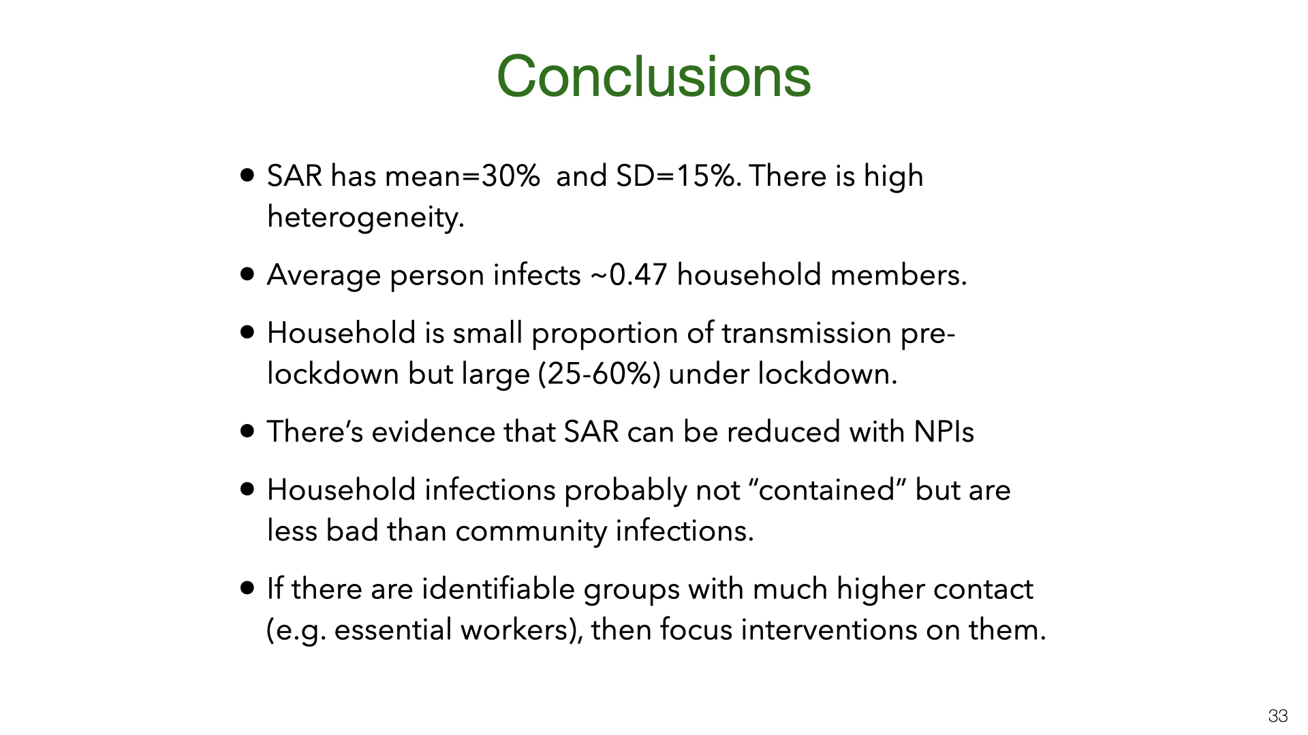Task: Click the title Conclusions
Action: pyautogui.click(x=653, y=76)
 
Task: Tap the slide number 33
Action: pyautogui.click(x=1278, y=716)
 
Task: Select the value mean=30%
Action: pyautogui.click(x=463, y=176)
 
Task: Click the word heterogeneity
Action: pyautogui.click(x=365, y=218)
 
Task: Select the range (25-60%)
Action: pyautogui.click(x=599, y=374)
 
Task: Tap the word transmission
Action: pyautogui.click(x=807, y=333)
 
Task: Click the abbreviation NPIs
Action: pyautogui.click(x=944, y=432)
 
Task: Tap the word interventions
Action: pyautogui.click(x=829, y=630)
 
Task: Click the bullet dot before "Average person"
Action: pyautogui.click(x=247, y=274)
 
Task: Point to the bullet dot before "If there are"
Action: pyautogui.click(x=247, y=588)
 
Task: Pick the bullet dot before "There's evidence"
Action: pyautogui.click(x=247, y=431)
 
